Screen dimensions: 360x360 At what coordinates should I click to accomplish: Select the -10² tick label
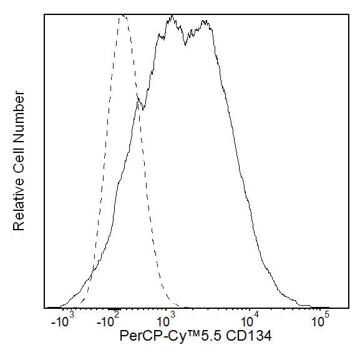(109, 321)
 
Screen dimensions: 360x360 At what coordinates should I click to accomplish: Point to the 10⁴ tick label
(250, 321)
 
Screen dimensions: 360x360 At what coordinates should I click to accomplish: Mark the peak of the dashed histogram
(122, 17)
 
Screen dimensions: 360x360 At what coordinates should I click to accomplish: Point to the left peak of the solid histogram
(171, 19)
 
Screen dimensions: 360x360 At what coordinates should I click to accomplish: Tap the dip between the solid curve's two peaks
(185, 44)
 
